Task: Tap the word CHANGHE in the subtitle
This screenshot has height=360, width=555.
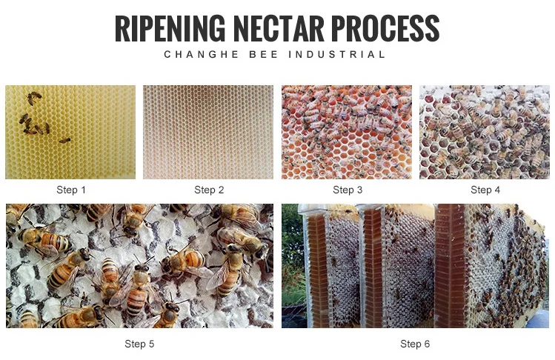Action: (194, 55)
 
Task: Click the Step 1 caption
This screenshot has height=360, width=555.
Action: (71, 190)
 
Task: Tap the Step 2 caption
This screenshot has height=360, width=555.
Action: (209, 190)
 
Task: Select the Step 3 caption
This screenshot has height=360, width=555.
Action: (348, 190)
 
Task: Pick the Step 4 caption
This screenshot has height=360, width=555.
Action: (485, 190)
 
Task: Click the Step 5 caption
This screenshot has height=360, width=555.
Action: (139, 344)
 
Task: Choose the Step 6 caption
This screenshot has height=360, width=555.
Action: (415, 344)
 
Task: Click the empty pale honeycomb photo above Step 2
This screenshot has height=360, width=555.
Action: (209, 132)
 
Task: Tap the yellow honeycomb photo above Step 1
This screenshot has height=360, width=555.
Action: (70, 132)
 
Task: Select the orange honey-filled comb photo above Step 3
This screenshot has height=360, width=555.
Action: (347, 132)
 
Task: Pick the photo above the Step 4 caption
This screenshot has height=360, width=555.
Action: (485, 132)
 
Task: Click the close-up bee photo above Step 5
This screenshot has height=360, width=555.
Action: (139, 265)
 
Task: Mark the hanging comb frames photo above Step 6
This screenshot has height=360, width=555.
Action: (415, 265)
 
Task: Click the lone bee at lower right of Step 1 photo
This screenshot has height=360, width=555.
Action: (64, 140)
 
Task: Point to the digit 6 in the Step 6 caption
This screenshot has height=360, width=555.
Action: (427, 344)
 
